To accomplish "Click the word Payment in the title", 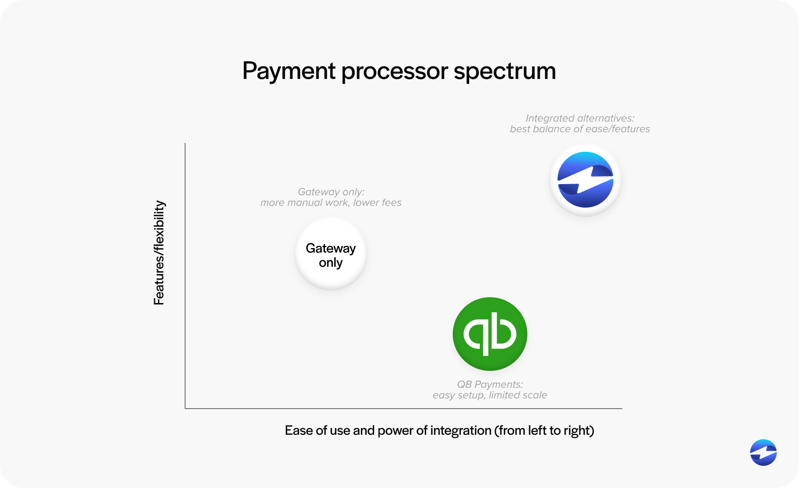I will [289, 71].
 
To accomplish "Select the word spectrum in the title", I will [505, 71].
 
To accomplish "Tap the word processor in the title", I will [395, 71].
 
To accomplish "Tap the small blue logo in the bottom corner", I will [763, 453].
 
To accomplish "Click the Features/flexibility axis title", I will [159, 253].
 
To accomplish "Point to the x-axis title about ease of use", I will [439, 430].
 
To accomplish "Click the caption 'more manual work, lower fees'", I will [331, 203].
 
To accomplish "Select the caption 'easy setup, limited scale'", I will [490, 395].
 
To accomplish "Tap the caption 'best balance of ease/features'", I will [580, 129].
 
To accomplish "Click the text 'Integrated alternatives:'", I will [580, 118].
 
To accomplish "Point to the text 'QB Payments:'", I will [490, 384].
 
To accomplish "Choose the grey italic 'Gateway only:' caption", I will [331, 192].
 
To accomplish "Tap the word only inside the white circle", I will [331, 263].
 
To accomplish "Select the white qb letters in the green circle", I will [490, 334].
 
